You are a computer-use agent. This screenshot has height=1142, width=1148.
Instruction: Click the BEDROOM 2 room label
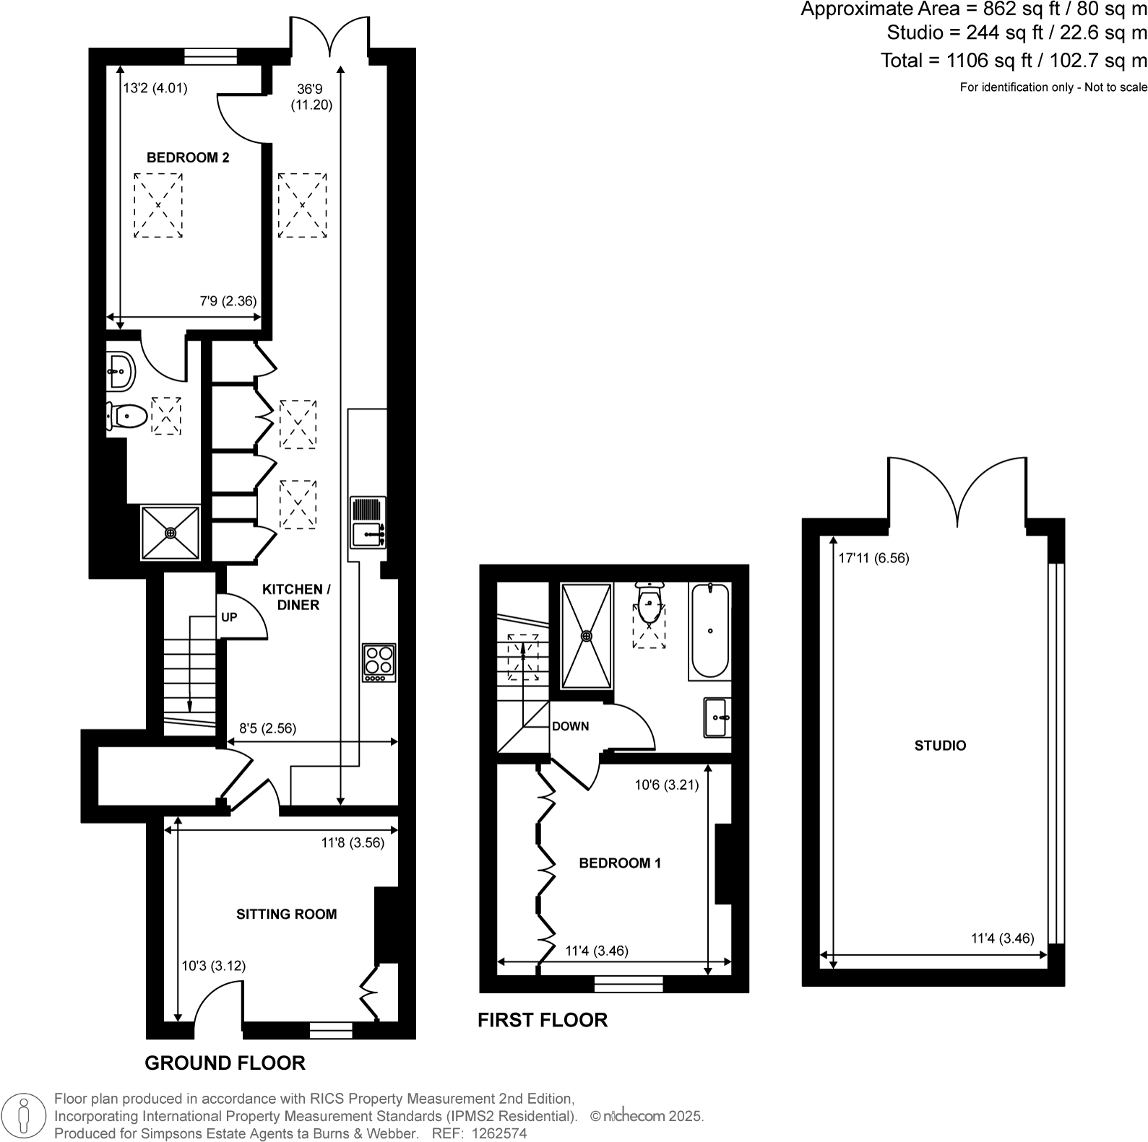click(x=188, y=157)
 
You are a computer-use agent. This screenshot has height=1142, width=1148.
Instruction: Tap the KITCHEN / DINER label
click(x=297, y=597)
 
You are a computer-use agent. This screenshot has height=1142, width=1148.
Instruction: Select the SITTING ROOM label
click(x=286, y=914)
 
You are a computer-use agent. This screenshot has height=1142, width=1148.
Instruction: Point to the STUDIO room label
click(x=940, y=746)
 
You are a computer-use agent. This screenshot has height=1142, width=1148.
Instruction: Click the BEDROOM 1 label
click(x=620, y=863)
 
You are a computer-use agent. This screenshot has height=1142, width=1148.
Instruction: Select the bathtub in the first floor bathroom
click(x=710, y=631)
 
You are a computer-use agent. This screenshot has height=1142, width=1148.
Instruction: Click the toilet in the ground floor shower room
click(x=128, y=416)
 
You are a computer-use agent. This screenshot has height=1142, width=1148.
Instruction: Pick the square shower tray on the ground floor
click(x=171, y=533)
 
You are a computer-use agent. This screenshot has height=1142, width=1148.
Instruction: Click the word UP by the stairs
click(x=229, y=617)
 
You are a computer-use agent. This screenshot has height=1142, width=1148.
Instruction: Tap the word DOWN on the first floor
click(x=570, y=726)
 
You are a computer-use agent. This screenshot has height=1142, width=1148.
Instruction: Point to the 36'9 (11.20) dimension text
click(x=311, y=97)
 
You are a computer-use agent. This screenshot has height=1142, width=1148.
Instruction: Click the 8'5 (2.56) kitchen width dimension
click(x=267, y=728)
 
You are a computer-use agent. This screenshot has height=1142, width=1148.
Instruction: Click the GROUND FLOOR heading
click(x=225, y=1063)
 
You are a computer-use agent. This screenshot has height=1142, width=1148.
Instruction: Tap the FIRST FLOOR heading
click(x=543, y=1020)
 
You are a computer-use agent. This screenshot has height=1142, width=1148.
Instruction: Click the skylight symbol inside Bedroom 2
click(x=158, y=205)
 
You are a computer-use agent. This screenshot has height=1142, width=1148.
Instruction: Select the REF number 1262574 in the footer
click(x=499, y=1133)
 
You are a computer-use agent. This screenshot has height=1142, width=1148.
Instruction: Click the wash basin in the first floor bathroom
click(x=717, y=718)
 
